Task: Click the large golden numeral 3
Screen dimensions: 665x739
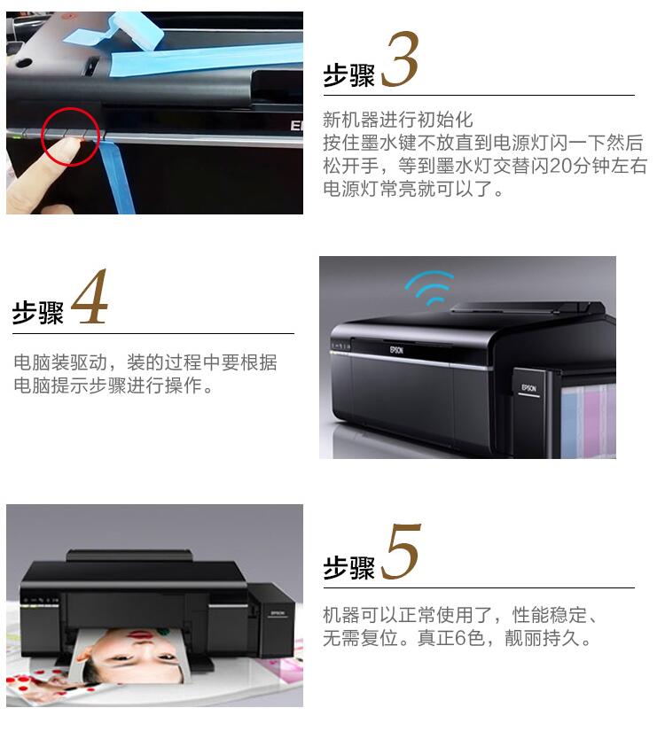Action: [x=400, y=59]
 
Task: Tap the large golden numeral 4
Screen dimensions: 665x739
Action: [x=90, y=297]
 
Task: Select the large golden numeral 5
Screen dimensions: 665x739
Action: [x=400, y=552]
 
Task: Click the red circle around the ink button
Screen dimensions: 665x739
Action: [x=71, y=136]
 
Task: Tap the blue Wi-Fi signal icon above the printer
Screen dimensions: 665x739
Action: [x=429, y=287]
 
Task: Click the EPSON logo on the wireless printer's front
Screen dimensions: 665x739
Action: [x=396, y=350]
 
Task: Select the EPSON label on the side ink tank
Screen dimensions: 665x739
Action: [x=529, y=388]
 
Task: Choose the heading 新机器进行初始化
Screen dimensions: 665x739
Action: [x=398, y=120]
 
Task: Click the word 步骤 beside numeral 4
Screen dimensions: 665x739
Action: [x=38, y=313]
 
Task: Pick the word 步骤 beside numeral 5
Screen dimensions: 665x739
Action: [x=349, y=567]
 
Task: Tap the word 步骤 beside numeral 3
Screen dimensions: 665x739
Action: [x=349, y=75]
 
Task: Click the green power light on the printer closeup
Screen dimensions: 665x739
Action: [x=18, y=136]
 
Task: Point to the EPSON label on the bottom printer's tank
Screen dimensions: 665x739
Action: [x=278, y=613]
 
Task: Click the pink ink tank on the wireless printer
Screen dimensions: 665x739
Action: [x=592, y=419]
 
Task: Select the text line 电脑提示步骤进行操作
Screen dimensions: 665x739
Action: [x=113, y=385]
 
